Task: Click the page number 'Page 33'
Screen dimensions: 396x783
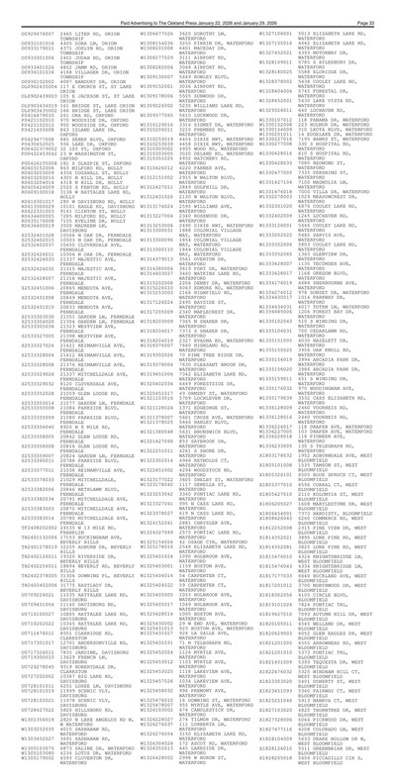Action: coord(373,10)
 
